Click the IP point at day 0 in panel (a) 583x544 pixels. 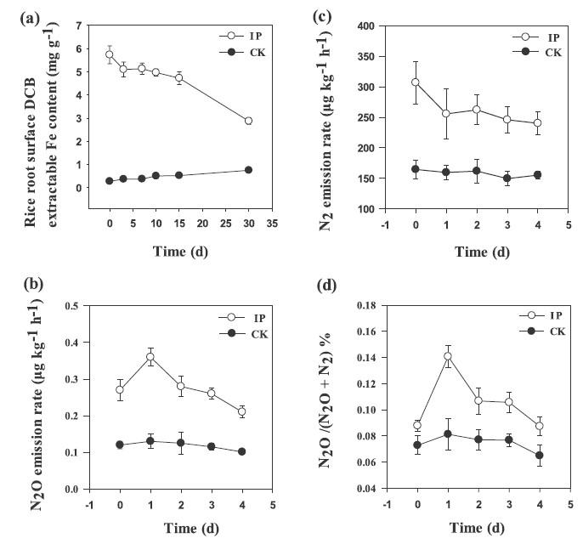point(110,54)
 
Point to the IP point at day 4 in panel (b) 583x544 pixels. point(242,411)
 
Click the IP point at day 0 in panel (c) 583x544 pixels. point(416,82)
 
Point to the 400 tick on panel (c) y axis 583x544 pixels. point(376,26)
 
